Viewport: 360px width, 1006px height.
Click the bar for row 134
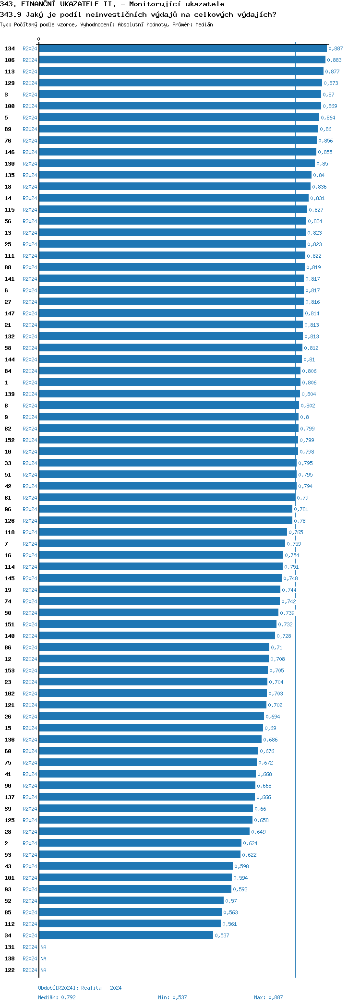point(182,48)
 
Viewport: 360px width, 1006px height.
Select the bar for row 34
point(126,935)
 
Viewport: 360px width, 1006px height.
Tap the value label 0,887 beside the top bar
point(336,48)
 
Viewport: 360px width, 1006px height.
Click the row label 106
point(10,60)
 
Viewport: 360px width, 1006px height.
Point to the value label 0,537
point(222,935)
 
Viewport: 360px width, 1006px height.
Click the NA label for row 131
point(43,947)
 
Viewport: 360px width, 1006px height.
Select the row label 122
point(10,970)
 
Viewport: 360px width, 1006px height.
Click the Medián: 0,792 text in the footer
point(57,997)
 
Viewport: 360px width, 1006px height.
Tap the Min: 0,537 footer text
point(172,997)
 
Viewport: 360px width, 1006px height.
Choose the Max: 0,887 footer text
point(268,997)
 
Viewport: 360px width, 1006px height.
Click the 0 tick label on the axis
point(39,39)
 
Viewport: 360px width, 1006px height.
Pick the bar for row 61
point(167,498)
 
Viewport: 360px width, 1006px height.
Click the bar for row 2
point(140,843)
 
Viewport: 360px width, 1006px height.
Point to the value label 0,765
point(296,532)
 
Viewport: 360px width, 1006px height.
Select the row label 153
point(10,671)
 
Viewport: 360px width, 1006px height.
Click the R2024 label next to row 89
point(30,129)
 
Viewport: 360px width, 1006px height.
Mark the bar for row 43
point(136,866)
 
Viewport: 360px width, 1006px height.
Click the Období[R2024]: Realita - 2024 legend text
point(80,988)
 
